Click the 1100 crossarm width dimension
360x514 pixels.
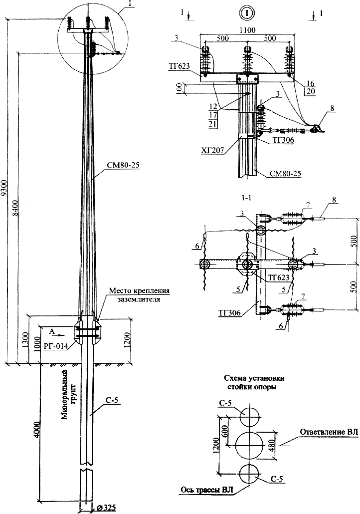click(246, 30)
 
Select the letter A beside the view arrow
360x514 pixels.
click(51, 330)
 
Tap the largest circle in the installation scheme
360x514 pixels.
click(249, 445)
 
